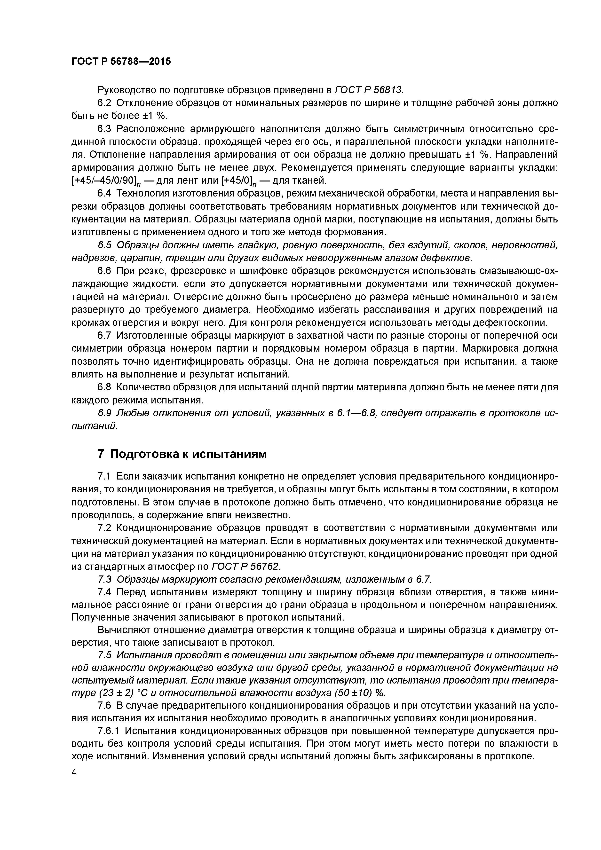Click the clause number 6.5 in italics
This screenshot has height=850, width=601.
104,245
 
